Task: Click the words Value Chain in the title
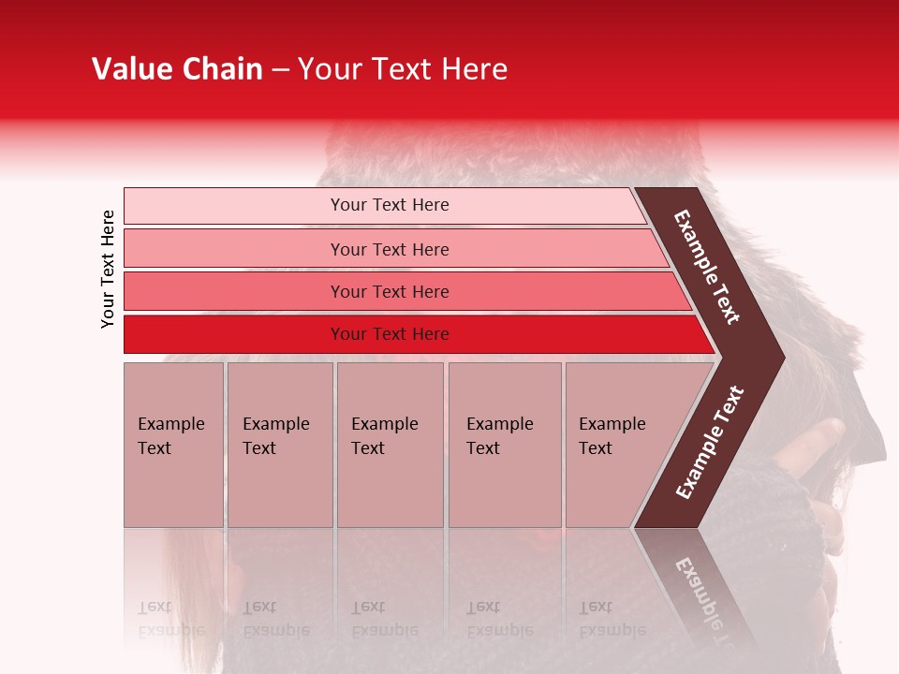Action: coord(177,69)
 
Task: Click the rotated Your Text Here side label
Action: coord(108,269)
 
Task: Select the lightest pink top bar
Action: coord(234,206)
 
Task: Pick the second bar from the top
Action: coord(234,249)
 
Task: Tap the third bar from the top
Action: coord(234,291)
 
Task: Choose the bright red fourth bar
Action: coord(234,334)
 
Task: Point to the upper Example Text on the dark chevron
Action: coord(707,267)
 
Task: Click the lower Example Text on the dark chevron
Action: coord(710,442)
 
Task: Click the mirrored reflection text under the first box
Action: coord(170,619)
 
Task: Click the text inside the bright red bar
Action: coord(390,334)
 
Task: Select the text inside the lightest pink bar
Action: coord(390,205)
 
